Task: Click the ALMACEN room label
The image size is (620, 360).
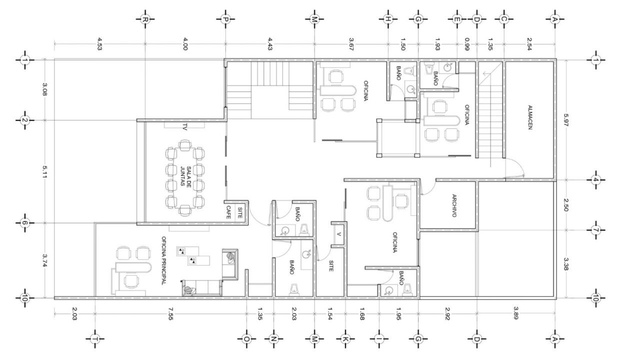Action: pos(530,117)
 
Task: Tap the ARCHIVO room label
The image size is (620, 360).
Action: pos(454,205)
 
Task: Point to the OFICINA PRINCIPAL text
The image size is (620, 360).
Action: pos(164,260)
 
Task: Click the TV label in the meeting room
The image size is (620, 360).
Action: pos(184,127)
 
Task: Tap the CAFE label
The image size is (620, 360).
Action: pos(228,212)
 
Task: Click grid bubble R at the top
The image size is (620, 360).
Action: pos(145,19)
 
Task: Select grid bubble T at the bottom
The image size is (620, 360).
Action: pos(95,338)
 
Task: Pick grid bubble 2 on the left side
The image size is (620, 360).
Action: pos(25,120)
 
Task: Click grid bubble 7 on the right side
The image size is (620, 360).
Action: pos(595,230)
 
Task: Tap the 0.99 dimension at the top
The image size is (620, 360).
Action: pos(467,43)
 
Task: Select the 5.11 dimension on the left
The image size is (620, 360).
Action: pos(44,171)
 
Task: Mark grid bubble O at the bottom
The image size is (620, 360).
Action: pos(246,338)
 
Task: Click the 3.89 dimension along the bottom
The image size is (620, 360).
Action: pos(515,313)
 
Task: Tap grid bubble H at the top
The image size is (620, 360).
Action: pos(388,19)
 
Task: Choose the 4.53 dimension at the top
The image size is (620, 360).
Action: pos(99,43)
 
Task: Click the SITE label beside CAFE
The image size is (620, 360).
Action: pos(239,213)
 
